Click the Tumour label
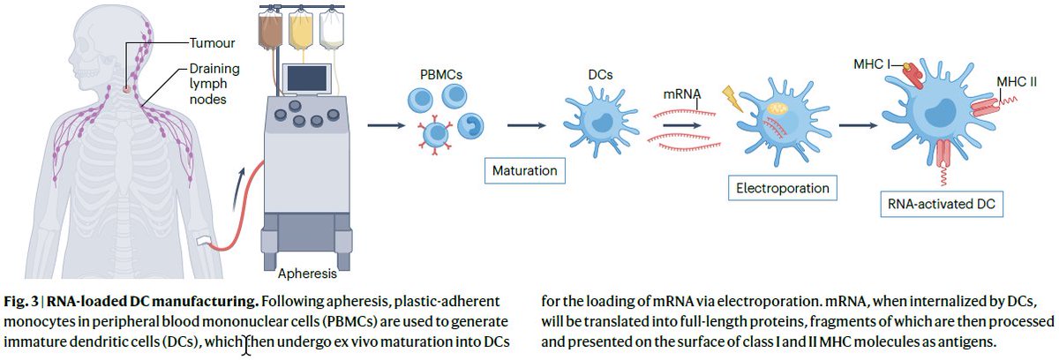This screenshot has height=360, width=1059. click(x=212, y=41)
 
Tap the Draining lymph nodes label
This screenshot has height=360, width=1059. click(x=214, y=84)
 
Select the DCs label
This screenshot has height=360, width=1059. click(x=601, y=76)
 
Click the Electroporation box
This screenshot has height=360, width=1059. click(x=781, y=189)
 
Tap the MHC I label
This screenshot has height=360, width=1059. click(x=871, y=64)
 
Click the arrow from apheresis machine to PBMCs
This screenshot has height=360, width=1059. click(x=380, y=124)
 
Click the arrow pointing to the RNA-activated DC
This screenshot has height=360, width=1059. click(x=852, y=124)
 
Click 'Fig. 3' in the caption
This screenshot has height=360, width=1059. click(x=19, y=301)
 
